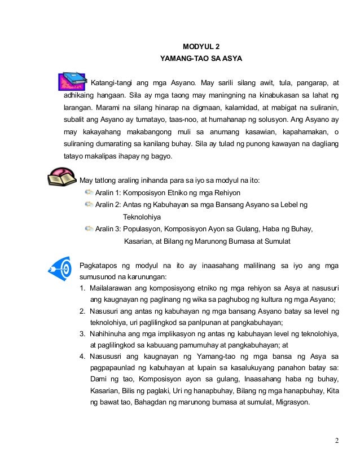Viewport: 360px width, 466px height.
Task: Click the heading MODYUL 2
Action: (201, 46)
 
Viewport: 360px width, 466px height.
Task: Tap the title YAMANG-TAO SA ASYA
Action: (201, 59)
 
